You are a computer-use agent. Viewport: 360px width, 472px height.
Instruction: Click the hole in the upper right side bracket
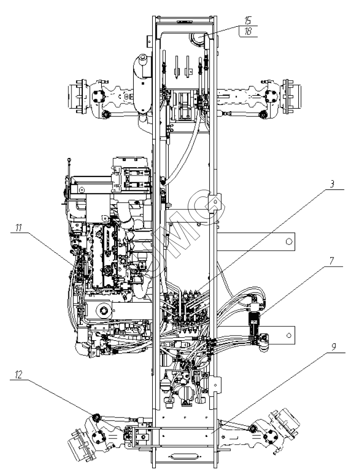(x=290, y=241)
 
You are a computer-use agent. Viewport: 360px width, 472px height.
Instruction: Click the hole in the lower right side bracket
(x=290, y=336)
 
